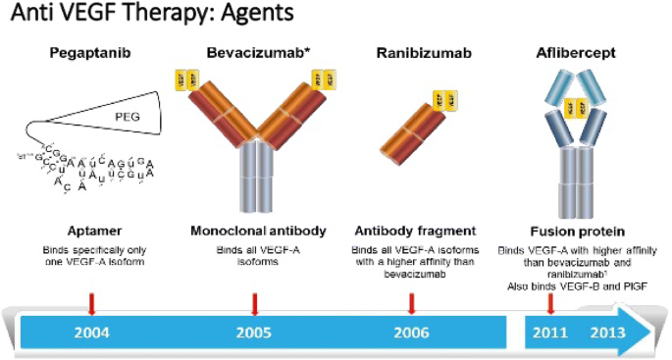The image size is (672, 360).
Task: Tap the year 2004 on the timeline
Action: point(91,332)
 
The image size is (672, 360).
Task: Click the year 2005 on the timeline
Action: point(254,332)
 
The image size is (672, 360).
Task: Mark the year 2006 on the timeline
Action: point(412,332)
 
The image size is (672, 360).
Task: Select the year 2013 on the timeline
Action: point(608,332)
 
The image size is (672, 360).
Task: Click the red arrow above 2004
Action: point(91,300)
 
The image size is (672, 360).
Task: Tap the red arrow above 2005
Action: point(254,300)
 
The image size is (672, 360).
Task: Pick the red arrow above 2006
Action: point(412,300)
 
